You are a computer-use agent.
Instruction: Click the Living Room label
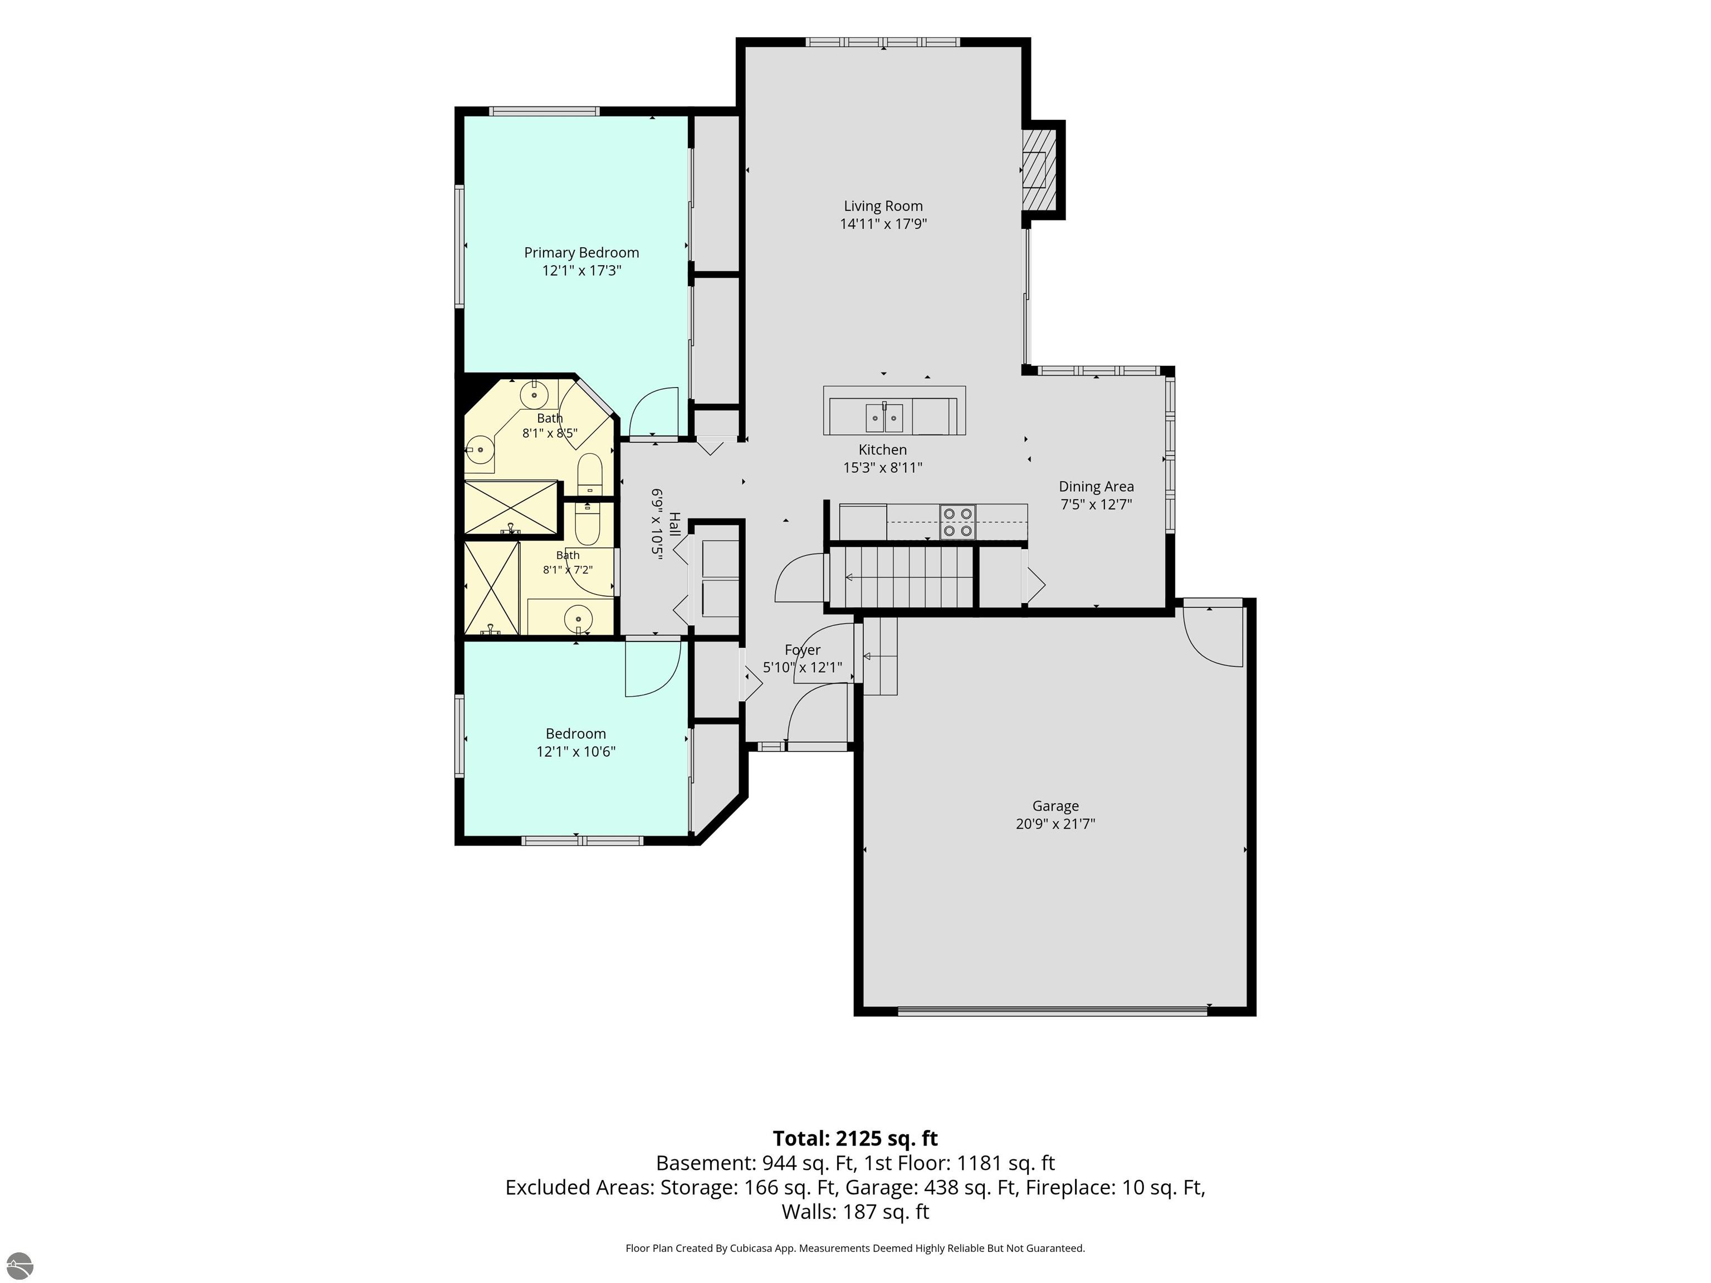[x=883, y=205]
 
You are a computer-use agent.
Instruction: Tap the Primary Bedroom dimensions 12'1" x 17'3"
[x=581, y=271]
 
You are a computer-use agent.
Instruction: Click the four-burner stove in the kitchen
[x=957, y=522]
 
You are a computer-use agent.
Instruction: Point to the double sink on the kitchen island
[x=884, y=418]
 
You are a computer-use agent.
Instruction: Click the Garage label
[x=1055, y=806]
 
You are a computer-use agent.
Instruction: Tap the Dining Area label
[x=1096, y=487]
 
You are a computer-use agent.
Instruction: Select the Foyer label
[x=802, y=650]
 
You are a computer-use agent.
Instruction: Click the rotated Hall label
[x=674, y=525]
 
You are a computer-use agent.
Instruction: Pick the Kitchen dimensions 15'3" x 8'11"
[x=883, y=468]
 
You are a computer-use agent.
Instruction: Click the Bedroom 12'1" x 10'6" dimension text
[x=575, y=752]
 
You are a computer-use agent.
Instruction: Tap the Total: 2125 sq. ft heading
[x=855, y=1138]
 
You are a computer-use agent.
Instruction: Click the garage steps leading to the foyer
[x=879, y=656]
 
